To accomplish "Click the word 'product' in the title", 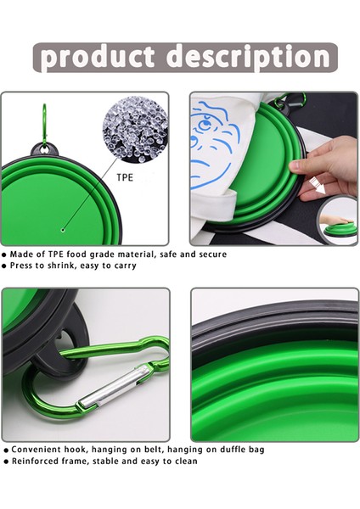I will tap(97, 57).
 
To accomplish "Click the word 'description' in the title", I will tap(246, 57).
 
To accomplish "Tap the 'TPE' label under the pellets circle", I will tap(124, 179).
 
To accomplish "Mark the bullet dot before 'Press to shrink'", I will tap(5, 266).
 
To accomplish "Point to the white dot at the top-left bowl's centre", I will tap(63, 229).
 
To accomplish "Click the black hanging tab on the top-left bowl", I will tap(40, 151).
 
